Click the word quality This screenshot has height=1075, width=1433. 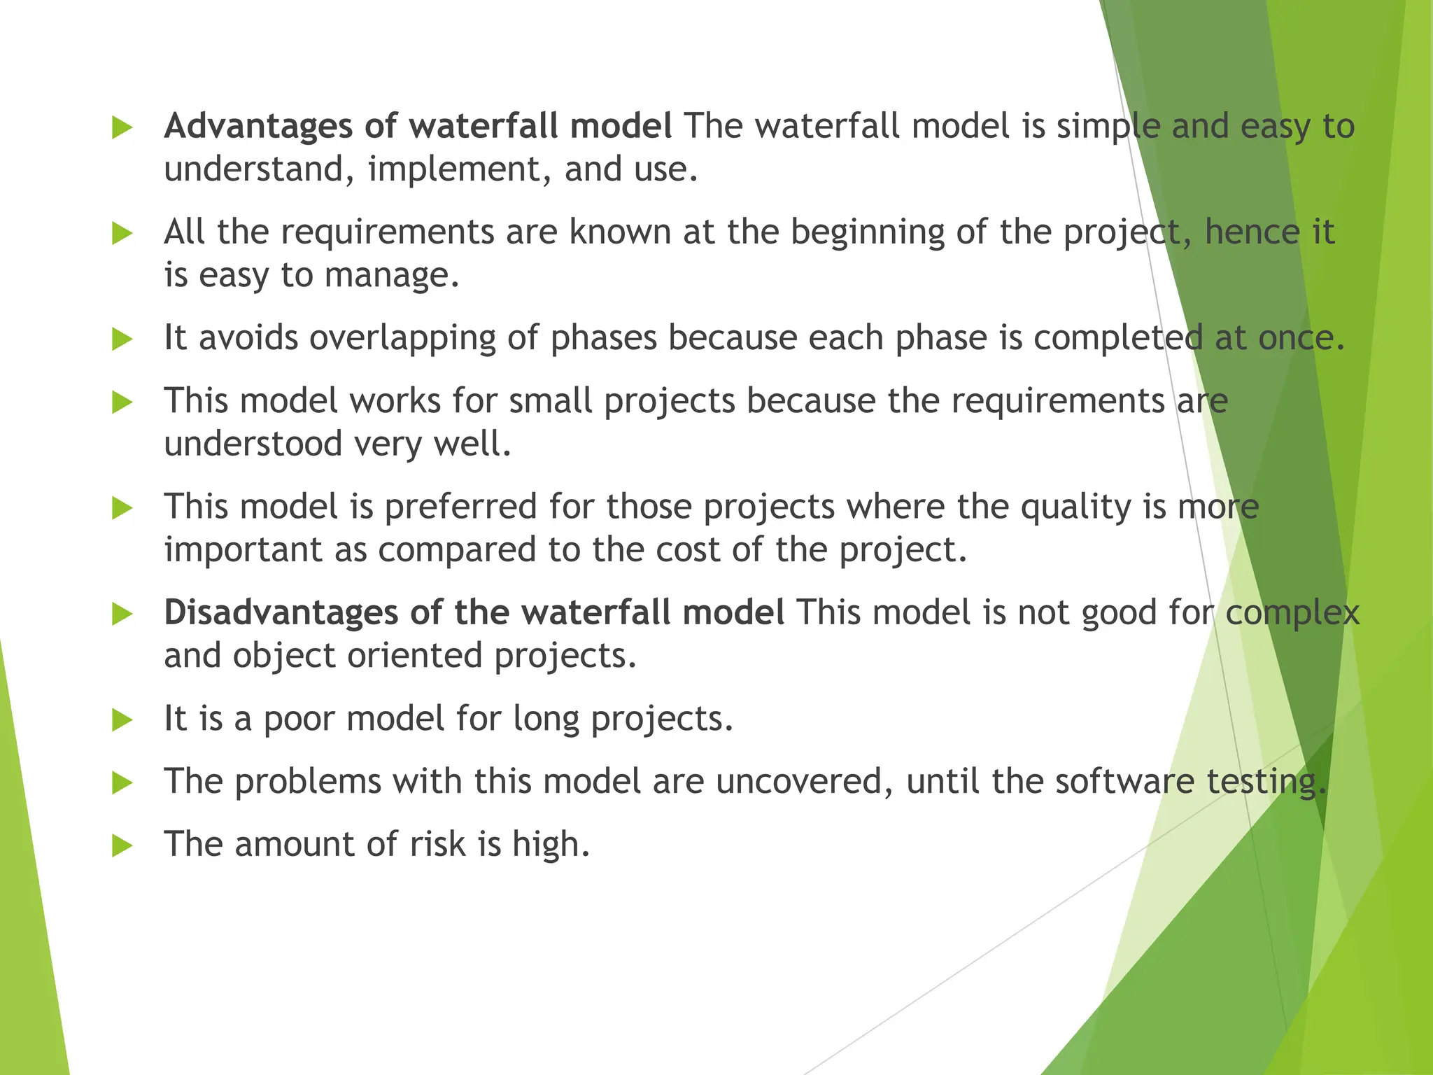coord(1075,507)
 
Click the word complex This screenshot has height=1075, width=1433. coord(1292,613)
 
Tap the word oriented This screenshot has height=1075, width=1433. coord(414,656)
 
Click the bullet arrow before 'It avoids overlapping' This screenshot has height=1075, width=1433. coord(122,339)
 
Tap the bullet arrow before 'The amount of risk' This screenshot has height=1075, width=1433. coord(122,845)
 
